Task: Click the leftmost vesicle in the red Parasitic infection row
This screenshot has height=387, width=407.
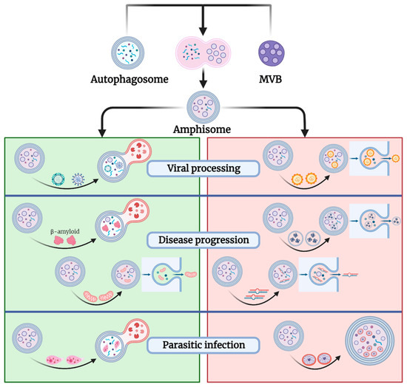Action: pos(287,336)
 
